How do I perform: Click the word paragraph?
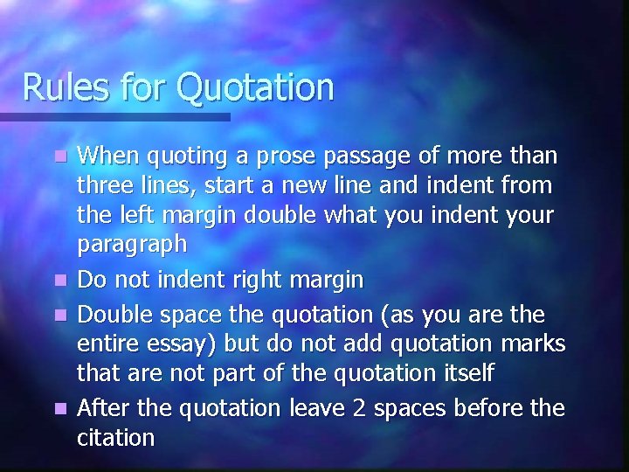pos(132,246)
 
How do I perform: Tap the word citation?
pos(116,437)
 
